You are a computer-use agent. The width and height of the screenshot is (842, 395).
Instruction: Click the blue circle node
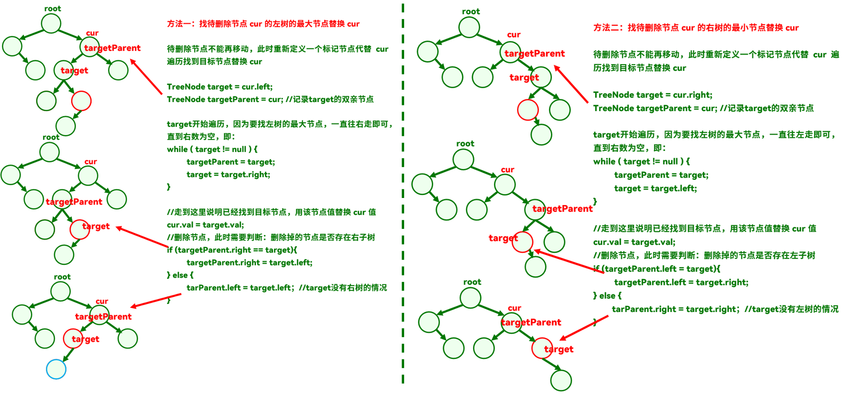(56, 369)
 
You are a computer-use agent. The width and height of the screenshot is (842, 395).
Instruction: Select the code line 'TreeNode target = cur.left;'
(220, 87)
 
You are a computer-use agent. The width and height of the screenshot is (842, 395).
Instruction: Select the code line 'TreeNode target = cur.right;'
(653, 95)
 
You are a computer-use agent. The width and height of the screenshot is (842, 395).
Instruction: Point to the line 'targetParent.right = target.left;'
(249, 263)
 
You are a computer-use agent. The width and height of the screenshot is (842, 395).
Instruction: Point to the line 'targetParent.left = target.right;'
(681, 282)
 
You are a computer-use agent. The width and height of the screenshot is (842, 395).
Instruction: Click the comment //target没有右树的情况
(343, 288)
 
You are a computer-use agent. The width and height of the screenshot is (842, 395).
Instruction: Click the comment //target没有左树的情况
(791, 309)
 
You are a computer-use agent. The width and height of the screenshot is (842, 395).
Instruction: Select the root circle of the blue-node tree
(60, 292)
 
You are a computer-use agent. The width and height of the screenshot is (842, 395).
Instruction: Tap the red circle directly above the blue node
(73, 339)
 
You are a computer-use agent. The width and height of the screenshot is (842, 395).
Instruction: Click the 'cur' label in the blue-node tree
(102, 301)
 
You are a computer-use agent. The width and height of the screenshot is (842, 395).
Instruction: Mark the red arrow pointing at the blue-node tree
(150, 301)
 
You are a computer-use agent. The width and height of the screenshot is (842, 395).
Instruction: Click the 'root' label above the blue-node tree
(62, 277)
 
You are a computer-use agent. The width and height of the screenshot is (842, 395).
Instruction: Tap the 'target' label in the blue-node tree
(85, 339)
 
